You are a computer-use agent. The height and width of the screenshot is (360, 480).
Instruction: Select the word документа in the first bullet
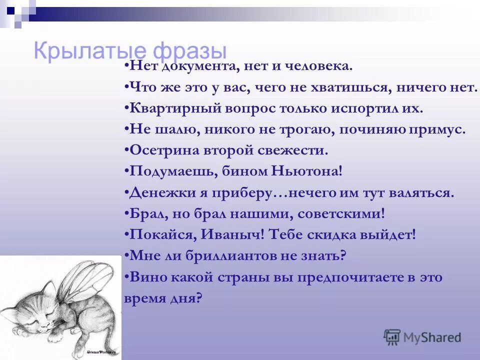(x=191, y=66)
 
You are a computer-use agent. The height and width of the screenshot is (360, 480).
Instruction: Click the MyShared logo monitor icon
(x=392, y=337)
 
